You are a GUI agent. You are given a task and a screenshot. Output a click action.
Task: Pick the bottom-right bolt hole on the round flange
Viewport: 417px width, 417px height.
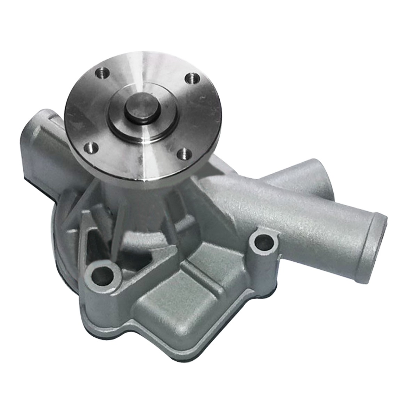point(183,154)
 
